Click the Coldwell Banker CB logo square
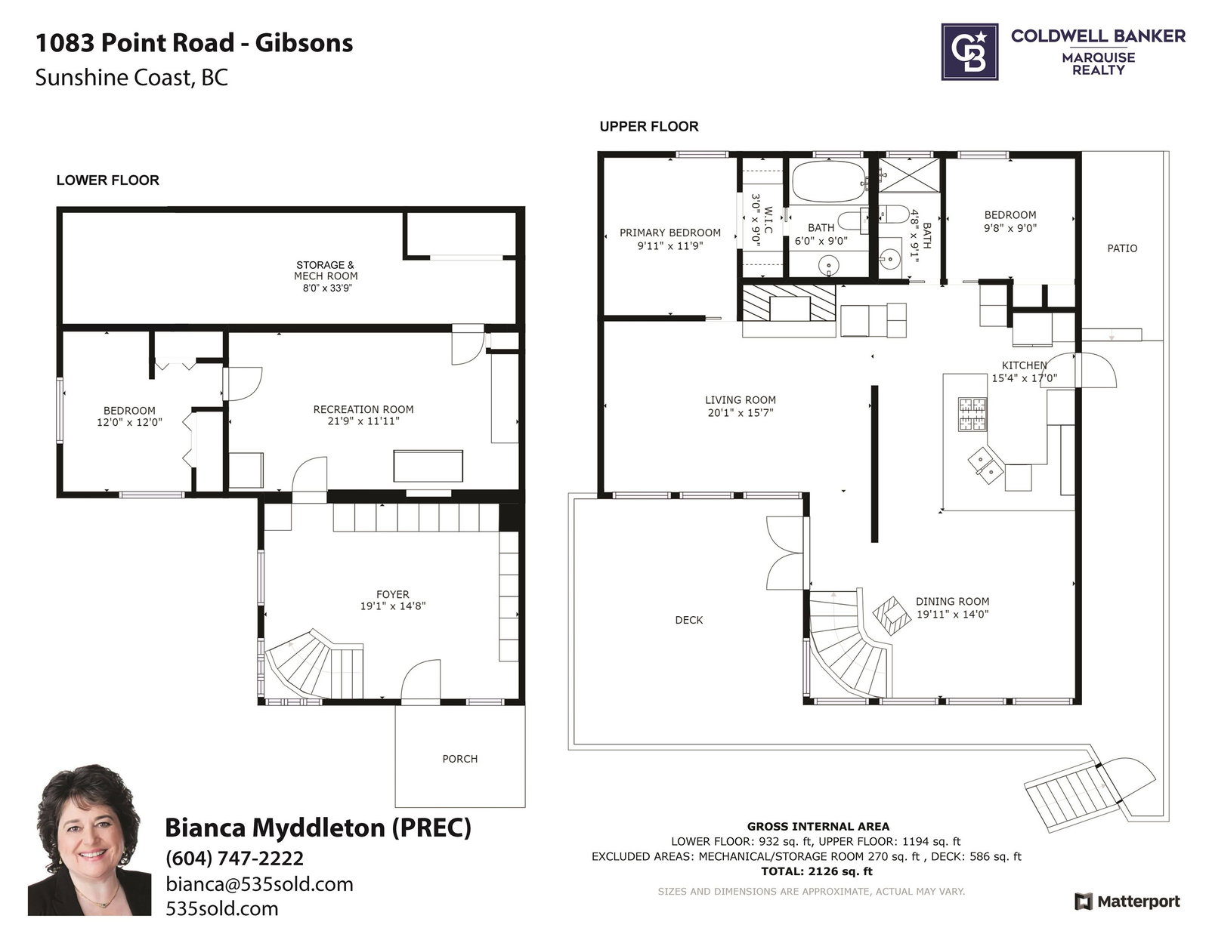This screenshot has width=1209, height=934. pos(969,51)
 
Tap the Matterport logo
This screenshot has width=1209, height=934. pos(1127,902)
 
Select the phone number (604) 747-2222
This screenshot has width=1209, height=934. pos(235,858)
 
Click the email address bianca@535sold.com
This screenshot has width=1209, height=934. pos(259,884)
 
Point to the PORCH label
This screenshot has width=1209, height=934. pos(460,759)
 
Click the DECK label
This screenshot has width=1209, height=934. pos(689,620)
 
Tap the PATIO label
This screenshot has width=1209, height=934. pos(1122,248)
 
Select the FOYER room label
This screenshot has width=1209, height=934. pos(393,594)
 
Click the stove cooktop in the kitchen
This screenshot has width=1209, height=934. pos(972,415)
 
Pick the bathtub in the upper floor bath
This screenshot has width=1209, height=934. pos(828,181)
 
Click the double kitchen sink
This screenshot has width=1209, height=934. pos(986,466)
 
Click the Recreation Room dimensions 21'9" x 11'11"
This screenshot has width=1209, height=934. pos(363,421)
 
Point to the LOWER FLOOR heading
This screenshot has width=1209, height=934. pos(108,180)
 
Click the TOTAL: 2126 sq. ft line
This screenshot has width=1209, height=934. pos(817,871)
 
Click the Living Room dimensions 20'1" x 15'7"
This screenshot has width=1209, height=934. pos(741,412)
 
